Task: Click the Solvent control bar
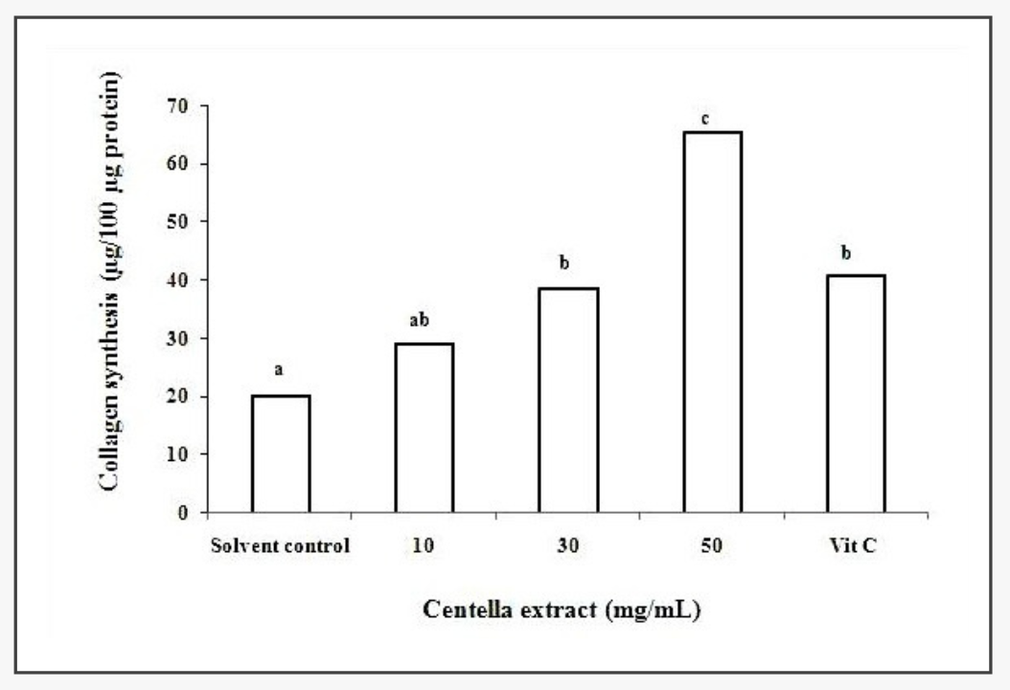280,453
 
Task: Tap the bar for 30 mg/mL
568,400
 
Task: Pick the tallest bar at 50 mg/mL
712,321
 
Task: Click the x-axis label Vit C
856,548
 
